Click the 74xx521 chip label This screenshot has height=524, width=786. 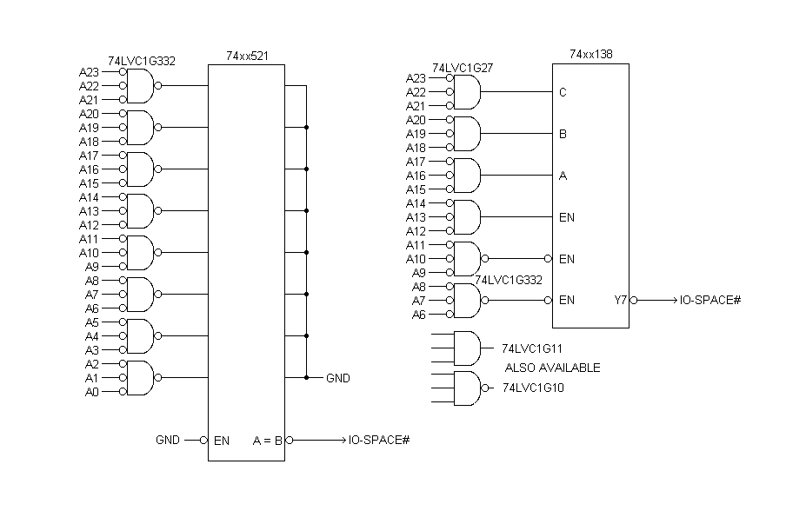click(247, 56)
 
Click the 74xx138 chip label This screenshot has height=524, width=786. click(590, 54)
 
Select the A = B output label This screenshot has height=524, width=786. click(268, 441)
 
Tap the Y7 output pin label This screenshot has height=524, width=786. click(620, 301)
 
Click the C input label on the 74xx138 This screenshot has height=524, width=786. click(563, 92)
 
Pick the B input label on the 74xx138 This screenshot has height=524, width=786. click(563, 134)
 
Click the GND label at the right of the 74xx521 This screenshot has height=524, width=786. click(337, 378)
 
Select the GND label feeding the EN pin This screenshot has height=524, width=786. click(169, 441)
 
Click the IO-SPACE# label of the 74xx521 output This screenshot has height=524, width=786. click(379, 441)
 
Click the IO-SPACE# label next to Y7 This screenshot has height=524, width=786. click(710, 301)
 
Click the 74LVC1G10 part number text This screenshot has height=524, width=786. click(533, 388)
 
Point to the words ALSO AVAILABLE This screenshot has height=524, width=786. click(552, 368)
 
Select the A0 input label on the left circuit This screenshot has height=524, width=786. click(92, 392)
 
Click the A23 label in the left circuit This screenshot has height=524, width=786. click(89, 72)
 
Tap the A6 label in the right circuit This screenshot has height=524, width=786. click(419, 315)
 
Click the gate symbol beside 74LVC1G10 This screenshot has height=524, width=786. click(468, 388)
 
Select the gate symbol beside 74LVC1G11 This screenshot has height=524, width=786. click(468, 348)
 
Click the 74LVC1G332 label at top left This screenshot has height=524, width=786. click(142, 61)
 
